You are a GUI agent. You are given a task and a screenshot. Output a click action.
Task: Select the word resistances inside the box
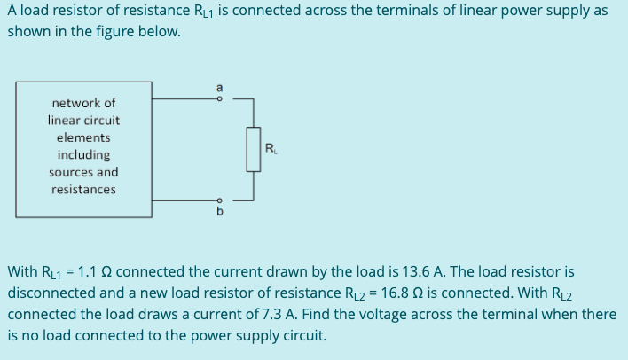pos(83,190)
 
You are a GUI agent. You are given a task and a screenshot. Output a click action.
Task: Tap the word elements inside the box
pos(83,137)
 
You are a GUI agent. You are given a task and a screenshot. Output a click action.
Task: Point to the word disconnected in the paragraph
pos(49,293)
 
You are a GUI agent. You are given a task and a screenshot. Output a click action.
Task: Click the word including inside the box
pos(83,155)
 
